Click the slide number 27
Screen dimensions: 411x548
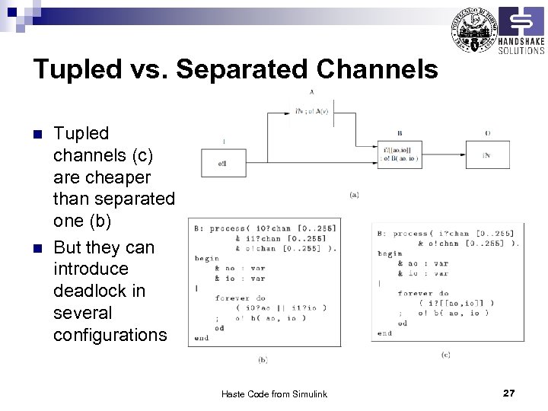(x=509, y=393)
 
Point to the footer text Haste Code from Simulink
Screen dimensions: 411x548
(x=274, y=393)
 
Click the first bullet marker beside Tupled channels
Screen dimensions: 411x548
(x=37, y=134)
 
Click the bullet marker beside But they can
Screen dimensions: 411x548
(x=37, y=249)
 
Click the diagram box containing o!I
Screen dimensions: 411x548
(x=222, y=163)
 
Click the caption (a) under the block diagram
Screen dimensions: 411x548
(x=355, y=195)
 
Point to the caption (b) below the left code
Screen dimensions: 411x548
(x=263, y=358)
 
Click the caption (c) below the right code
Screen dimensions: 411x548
(x=446, y=355)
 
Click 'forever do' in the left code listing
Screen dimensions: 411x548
(x=239, y=298)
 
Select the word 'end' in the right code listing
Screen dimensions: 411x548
(x=384, y=333)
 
